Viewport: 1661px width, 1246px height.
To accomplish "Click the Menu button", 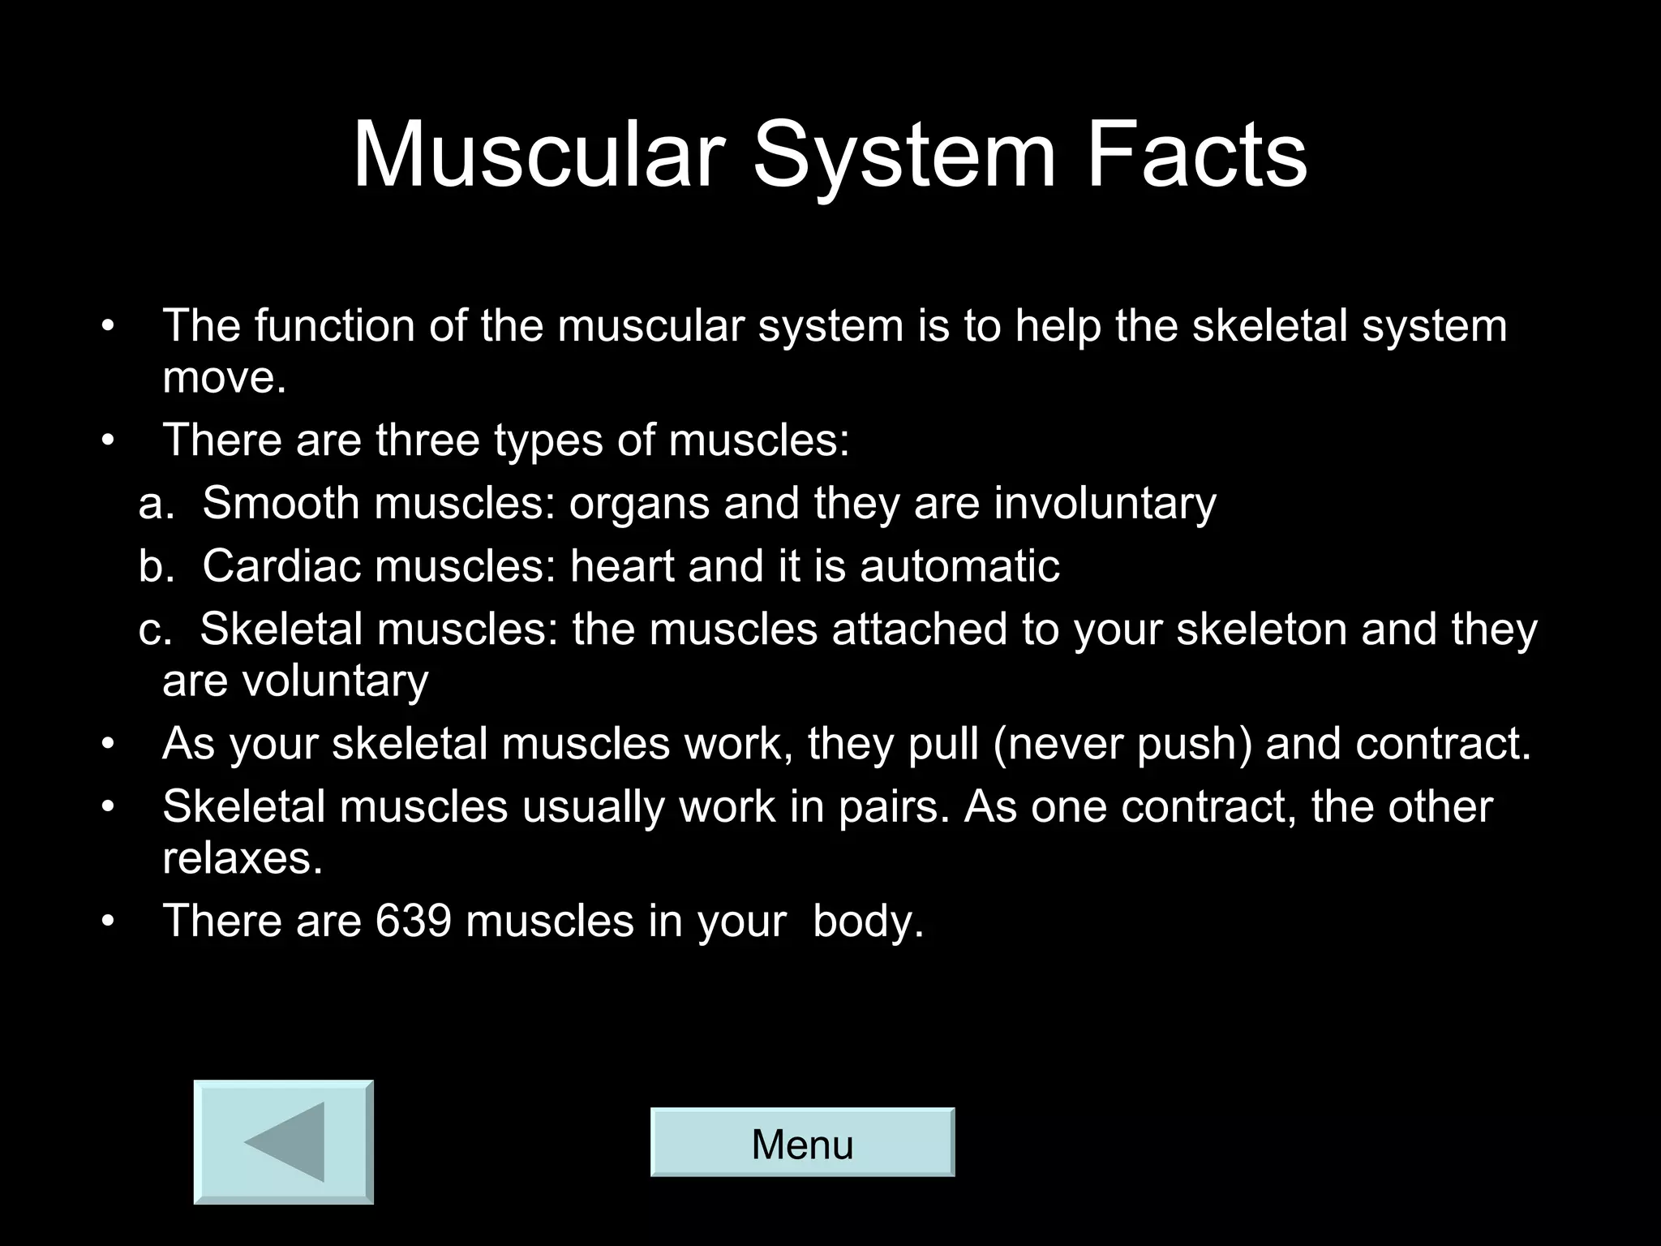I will point(802,1142).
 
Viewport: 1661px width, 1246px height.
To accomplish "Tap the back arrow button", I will point(284,1142).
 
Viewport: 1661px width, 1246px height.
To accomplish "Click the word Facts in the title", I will point(1196,154).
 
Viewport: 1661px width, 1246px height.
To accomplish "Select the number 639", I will point(413,921).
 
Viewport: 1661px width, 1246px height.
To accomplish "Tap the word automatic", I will point(959,565).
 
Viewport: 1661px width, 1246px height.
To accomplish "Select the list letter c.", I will point(152,630).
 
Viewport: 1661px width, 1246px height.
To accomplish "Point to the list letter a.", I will point(153,505).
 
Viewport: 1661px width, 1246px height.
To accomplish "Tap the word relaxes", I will point(241,857).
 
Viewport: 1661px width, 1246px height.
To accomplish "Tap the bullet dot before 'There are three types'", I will point(109,441).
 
